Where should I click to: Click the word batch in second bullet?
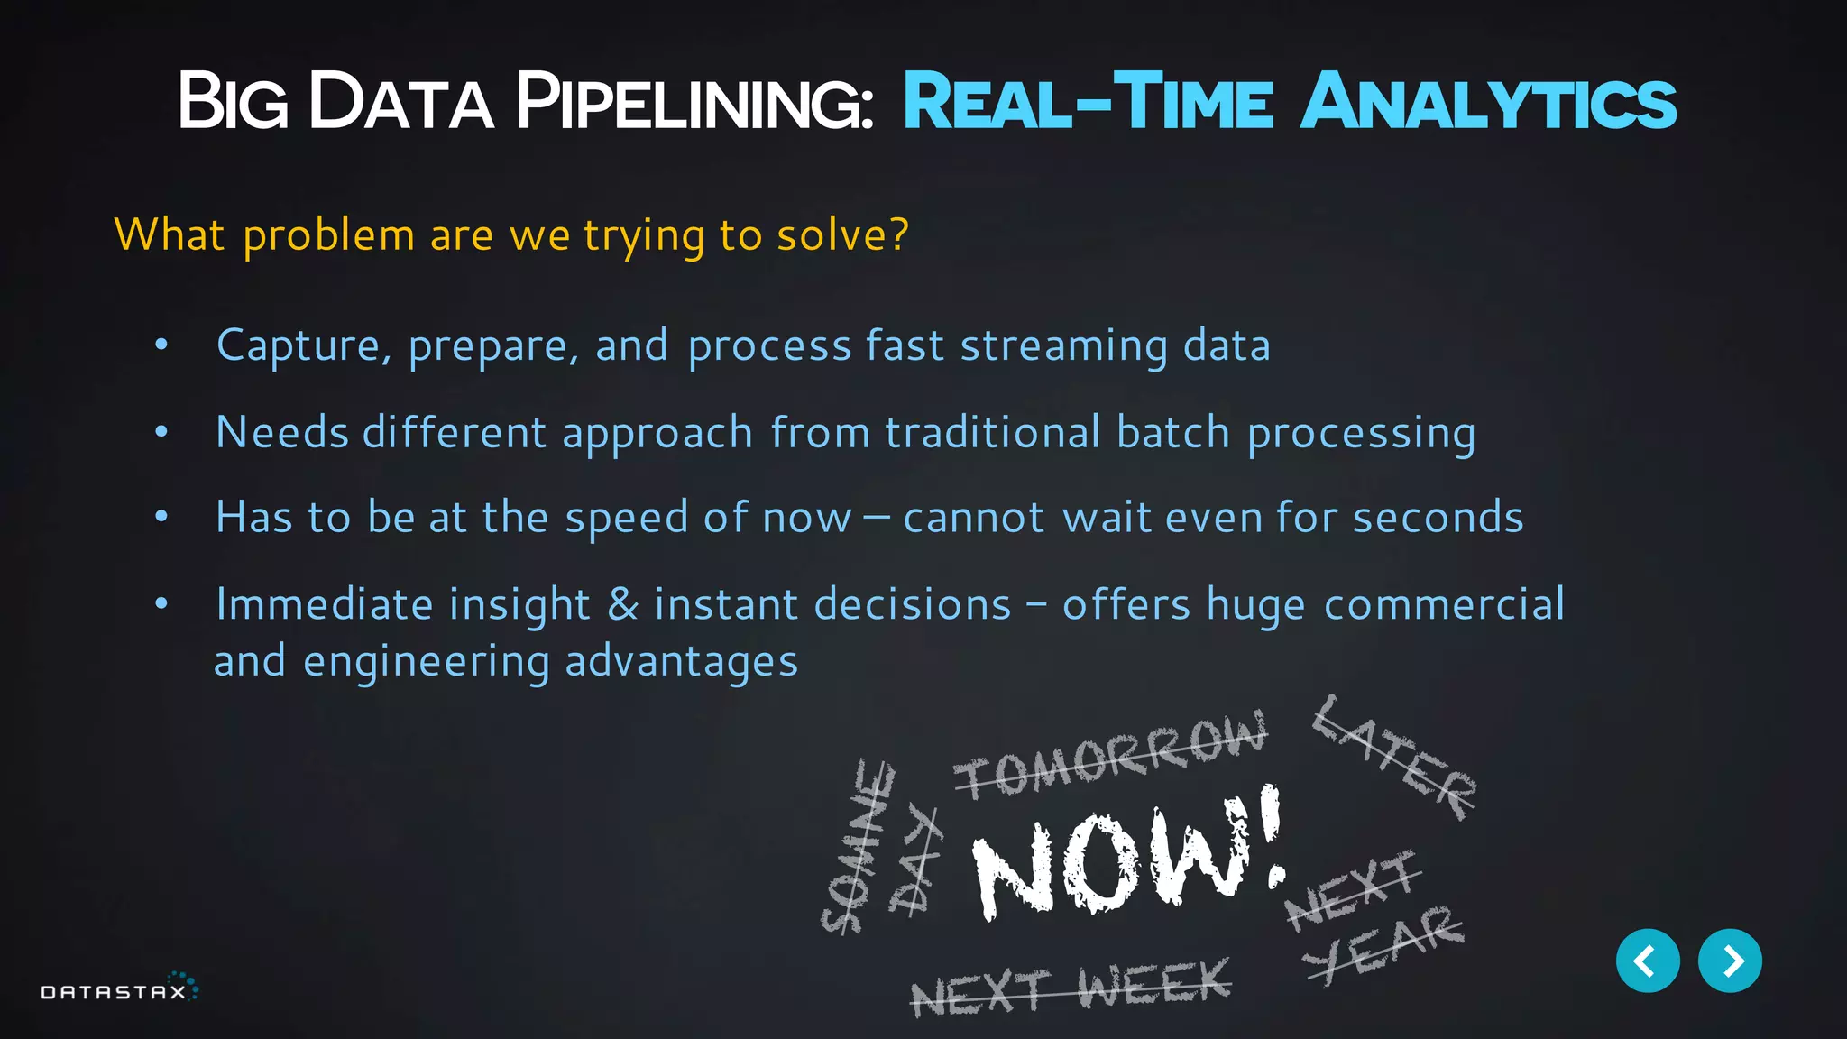click(1172, 432)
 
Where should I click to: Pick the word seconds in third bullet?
click(1438, 518)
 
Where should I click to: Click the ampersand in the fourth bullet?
click(623, 604)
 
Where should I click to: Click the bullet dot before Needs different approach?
click(161, 432)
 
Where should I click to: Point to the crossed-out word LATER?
click(1393, 758)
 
